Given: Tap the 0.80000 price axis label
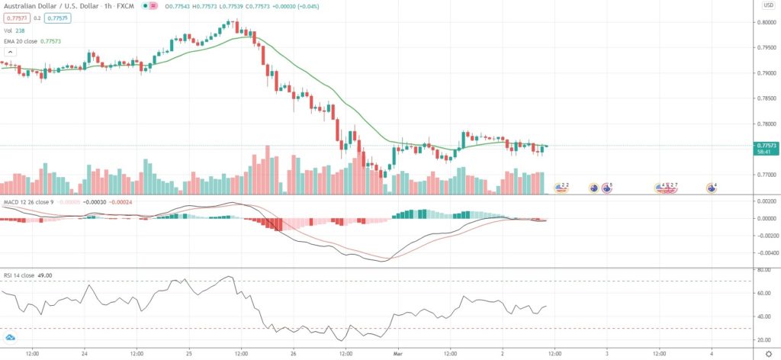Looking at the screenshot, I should pos(765,22).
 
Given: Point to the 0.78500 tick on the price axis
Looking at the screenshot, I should pos(765,98).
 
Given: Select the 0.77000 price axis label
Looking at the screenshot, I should pos(765,175).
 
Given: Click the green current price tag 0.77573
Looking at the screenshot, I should pos(765,144).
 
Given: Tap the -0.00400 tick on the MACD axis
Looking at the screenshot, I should pos(765,252).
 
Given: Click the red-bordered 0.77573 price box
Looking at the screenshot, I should pos(13,18).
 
